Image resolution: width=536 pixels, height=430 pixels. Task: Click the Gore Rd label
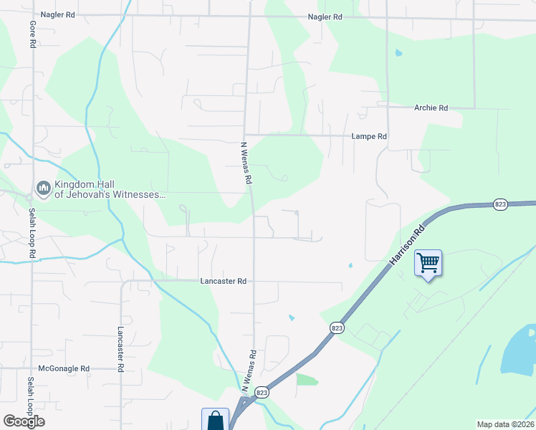32,34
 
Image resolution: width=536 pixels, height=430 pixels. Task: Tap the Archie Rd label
431,108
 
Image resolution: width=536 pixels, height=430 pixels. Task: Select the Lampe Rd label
369,136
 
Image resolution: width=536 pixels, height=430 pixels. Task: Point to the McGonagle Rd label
64,368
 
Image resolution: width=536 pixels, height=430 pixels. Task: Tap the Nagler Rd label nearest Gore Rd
59,14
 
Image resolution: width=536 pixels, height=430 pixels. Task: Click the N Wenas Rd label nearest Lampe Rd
245,164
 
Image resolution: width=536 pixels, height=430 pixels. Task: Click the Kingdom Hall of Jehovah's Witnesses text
100,188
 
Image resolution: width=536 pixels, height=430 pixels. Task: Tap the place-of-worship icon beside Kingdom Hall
42,188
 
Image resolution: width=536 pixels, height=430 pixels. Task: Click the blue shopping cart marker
428,263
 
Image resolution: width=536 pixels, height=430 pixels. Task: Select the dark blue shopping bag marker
215,420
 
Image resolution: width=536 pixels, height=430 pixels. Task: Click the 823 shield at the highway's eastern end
500,204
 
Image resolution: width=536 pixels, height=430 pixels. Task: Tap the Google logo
24,421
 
